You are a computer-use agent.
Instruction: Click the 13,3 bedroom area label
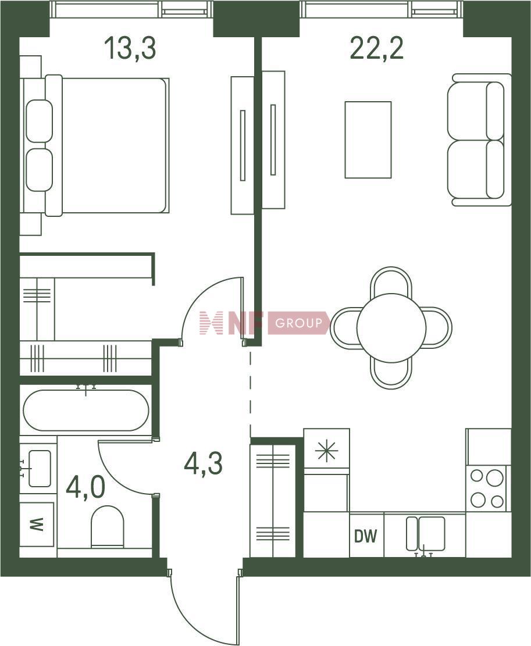[130, 48]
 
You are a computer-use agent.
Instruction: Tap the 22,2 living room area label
[376, 48]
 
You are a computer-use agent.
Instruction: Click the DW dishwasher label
[366, 536]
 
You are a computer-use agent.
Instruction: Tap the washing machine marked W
[37, 524]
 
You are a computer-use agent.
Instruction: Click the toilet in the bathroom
[107, 527]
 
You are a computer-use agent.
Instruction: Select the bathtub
[86, 411]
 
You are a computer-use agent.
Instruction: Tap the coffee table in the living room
[368, 140]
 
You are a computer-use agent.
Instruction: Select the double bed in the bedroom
[106, 145]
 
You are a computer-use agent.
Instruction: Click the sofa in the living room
[479, 140]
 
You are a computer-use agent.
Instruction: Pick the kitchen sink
[426, 534]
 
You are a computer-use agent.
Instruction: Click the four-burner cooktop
[487, 488]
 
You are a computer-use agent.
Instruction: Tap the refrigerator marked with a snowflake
[327, 451]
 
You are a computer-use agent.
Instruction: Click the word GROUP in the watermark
[299, 323]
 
